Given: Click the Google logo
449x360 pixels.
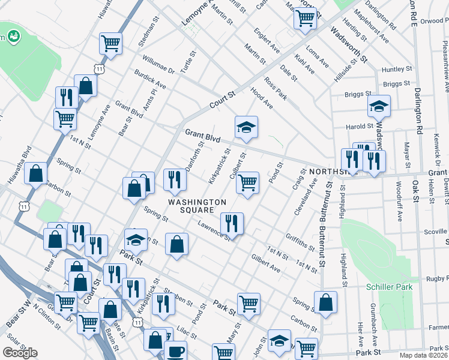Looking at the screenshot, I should pyautogui.click(x=20, y=353).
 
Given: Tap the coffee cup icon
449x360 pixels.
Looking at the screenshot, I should pyautogui.click(x=175, y=351).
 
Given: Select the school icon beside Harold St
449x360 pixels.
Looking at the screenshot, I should pyautogui.click(x=379, y=106).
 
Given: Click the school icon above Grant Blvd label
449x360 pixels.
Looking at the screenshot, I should pyautogui.click(x=246, y=127).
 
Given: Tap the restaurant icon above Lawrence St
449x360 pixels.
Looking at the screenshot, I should pyautogui.click(x=232, y=223).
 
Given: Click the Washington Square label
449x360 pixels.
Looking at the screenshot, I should pyautogui.click(x=197, y=206).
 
